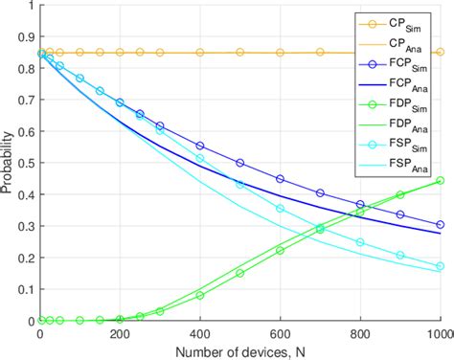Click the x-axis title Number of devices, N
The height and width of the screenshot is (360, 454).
[239, 350]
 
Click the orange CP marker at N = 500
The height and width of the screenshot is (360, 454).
[239, 53]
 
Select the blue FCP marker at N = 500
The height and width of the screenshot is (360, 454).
[239, 163]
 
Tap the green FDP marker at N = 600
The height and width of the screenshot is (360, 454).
[280, 251]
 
